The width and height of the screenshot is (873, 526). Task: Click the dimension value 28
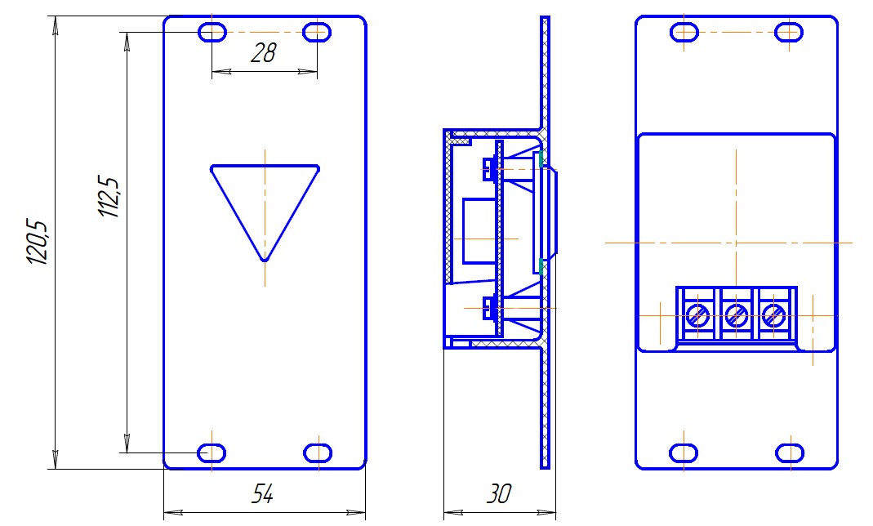263,53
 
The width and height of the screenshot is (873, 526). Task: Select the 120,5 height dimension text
38,242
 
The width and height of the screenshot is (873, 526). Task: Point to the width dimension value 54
263,493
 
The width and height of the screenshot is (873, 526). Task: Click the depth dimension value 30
499,493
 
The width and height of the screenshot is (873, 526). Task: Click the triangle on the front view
265,212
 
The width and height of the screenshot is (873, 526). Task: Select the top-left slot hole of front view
212,33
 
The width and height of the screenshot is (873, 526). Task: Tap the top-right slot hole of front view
317,33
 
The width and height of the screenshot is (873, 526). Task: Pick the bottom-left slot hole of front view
212,453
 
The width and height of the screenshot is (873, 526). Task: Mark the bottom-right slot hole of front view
318,453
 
